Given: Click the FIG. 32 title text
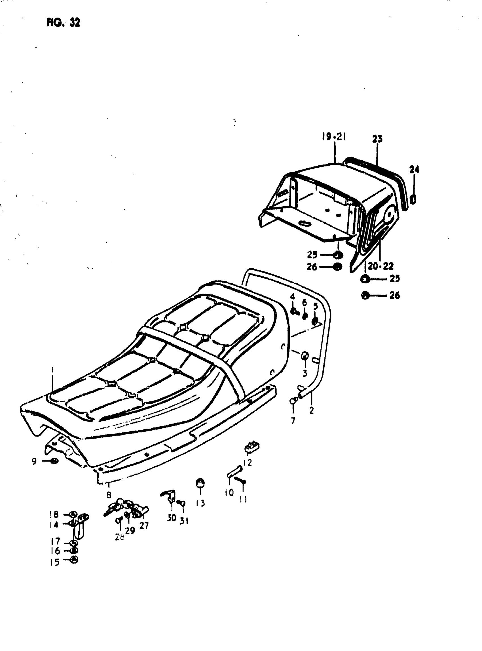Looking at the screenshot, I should click(63, 22).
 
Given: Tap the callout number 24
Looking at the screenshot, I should click(414, 169).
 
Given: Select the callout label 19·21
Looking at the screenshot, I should click(334, 137).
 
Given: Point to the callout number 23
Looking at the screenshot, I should click(377, 139).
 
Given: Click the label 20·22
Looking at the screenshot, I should click(381, 266).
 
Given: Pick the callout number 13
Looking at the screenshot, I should click(200, 503).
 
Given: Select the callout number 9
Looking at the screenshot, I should click(34, 462).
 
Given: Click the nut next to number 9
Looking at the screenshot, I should click(54, 461).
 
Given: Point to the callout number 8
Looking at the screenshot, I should click(109, 495).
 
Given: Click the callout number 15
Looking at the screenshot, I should click(54, 562).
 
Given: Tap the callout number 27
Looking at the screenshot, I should click(144, 525).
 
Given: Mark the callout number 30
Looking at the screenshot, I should click(171, 518).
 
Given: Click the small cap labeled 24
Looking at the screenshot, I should click(413, 199).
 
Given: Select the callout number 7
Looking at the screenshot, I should click(293, 420).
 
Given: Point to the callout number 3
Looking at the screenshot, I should click(305, 373).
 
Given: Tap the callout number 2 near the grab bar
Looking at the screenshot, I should click(311, 410).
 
